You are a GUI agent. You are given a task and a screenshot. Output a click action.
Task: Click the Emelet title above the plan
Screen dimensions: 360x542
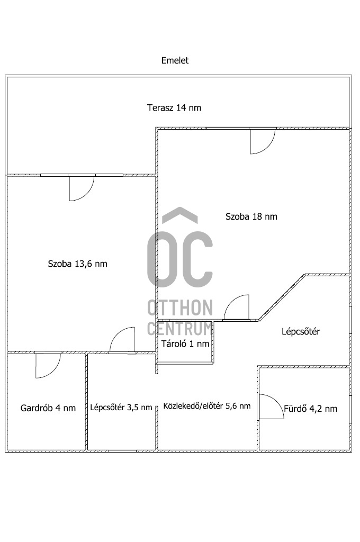click(x=175, y=60)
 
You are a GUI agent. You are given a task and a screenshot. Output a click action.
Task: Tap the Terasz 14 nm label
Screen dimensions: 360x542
click(x=174, y=108)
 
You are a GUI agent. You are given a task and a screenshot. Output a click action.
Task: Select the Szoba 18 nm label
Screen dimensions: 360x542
click(x=251, y=216)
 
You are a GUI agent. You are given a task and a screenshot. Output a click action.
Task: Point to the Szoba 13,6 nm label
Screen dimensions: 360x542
click(x=77, y=264)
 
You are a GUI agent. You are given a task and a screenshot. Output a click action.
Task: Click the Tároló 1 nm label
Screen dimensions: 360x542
click(x=185, y=344)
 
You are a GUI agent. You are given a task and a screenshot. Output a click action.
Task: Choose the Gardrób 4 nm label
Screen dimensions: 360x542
click(x=48, y=408)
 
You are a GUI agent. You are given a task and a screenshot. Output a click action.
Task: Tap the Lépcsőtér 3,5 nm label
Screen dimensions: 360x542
click(x=121, y=408)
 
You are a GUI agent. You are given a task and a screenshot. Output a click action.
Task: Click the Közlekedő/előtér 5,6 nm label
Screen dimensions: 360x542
click(x=207, y=406)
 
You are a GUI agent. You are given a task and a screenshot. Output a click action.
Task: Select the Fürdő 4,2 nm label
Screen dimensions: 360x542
click(x=311, y=409)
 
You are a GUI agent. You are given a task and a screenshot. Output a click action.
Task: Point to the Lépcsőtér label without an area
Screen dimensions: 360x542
click(x=301, y=332)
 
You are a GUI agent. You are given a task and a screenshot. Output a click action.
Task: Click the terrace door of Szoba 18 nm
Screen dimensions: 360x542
click(x=263, y=141)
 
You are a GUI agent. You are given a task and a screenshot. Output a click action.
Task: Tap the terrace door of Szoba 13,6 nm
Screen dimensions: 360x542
click(x=82, y=188)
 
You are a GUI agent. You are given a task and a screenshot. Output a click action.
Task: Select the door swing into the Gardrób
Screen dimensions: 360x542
click(x=48, y=365)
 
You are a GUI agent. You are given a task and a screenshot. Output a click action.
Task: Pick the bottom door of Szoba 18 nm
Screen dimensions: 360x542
click(x=237, y=308)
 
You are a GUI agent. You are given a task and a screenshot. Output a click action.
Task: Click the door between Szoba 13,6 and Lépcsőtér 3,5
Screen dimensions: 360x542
click(x=122, y=340)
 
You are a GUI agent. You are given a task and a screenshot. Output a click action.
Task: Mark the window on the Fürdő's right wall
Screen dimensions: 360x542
click(x=350, y=409)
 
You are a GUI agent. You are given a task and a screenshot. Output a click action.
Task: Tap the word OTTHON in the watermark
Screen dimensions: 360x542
click(x=180, y=308)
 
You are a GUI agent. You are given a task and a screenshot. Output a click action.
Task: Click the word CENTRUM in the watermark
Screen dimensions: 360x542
click(x=180, y=328)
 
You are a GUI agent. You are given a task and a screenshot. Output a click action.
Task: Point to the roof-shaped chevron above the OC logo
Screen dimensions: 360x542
click(x=180, y=214)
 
